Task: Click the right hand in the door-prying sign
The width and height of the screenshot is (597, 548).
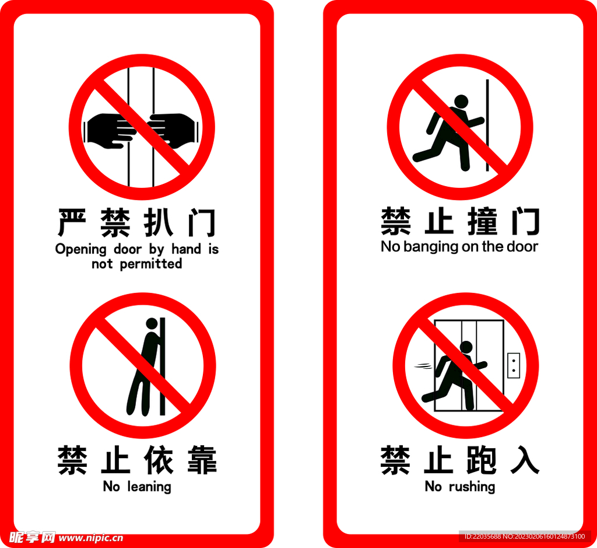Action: [x=173, y=128]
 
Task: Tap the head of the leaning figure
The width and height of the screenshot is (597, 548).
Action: [x=152, y=323]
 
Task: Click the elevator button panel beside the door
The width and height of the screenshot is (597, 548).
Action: [x=513, y=365]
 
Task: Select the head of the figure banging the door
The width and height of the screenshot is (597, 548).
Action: [x=461, y=102]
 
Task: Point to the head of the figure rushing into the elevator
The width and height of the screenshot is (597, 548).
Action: [x=466, y=347]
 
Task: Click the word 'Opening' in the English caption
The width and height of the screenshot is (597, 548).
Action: [x=81, y=250]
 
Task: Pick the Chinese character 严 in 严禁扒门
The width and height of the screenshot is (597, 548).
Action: [x=73, y=222]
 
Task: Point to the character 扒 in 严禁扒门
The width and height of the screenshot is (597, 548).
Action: [x=158, y=222]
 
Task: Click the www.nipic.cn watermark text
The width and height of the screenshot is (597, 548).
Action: [x=92, y=537]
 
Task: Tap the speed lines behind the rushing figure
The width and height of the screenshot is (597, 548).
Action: [x=423, y=367]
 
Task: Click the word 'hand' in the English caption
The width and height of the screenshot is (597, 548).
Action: [x=186, y=249]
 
